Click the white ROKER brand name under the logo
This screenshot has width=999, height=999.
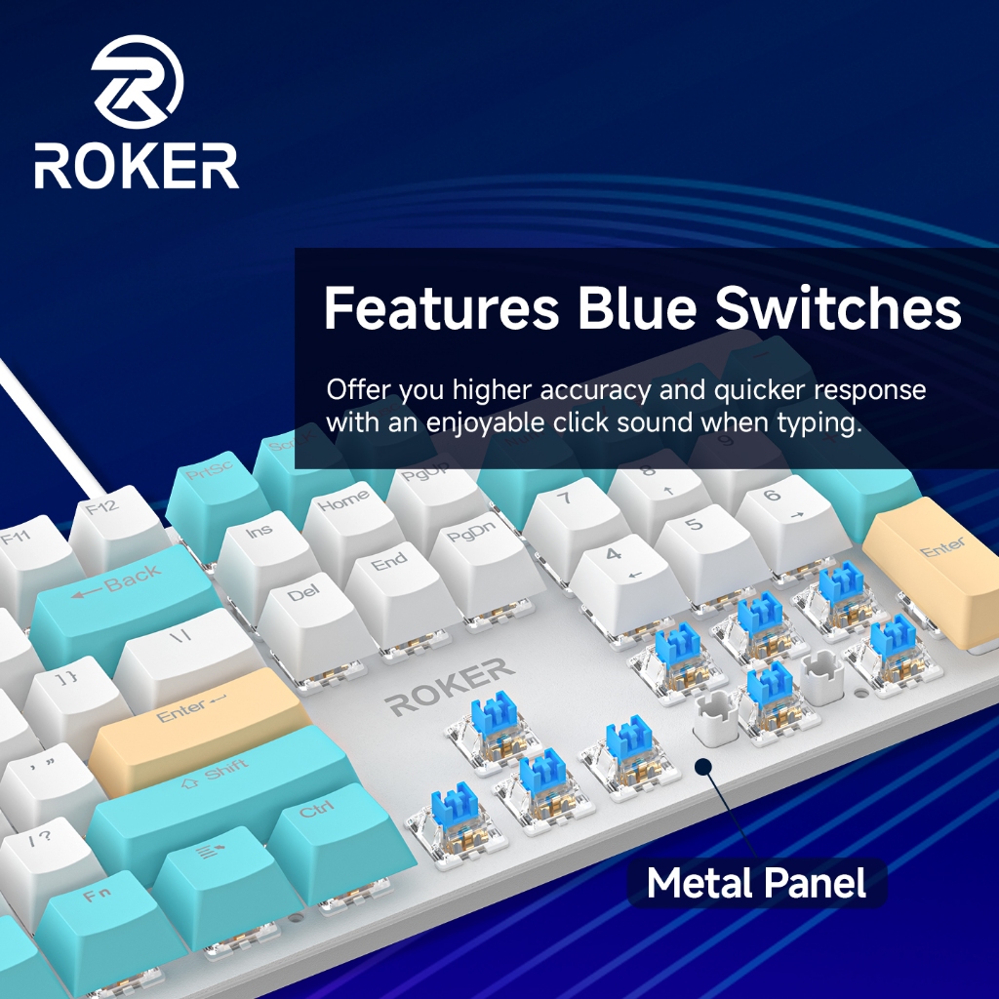[137, 167]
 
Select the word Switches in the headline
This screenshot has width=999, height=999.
[838, 308]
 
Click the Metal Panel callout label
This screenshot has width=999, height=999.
[756, 884]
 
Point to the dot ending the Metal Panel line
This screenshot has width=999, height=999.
[704, 768]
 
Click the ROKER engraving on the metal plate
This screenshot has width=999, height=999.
[450, 686]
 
